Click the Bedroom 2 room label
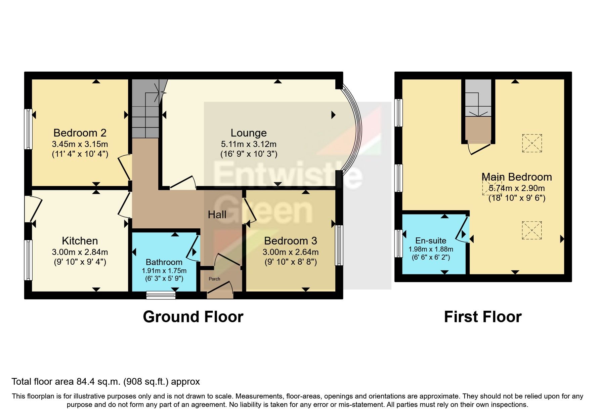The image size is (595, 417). (80, 133)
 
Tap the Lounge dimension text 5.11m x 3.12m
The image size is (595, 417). (249, 144)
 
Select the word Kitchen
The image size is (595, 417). (80, 241)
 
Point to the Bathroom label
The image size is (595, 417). (164, 262)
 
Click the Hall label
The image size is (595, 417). (217, 215)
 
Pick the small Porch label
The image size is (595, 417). (214, 279)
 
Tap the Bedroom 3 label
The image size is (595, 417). (291, 241)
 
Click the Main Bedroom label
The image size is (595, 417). (517, 177)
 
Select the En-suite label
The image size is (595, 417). (431, 240)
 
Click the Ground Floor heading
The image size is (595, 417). (193, 317)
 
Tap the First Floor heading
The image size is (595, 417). (483, 317)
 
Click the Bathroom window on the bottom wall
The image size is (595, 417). (161, 295)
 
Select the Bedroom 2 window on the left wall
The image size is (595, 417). (29, 129)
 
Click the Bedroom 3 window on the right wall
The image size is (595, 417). (339, 245)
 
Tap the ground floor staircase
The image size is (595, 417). (145, 109)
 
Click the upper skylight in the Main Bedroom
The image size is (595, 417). (532, 143)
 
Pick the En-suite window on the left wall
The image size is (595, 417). (398, 243)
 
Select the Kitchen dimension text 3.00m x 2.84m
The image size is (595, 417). (80, 252)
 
